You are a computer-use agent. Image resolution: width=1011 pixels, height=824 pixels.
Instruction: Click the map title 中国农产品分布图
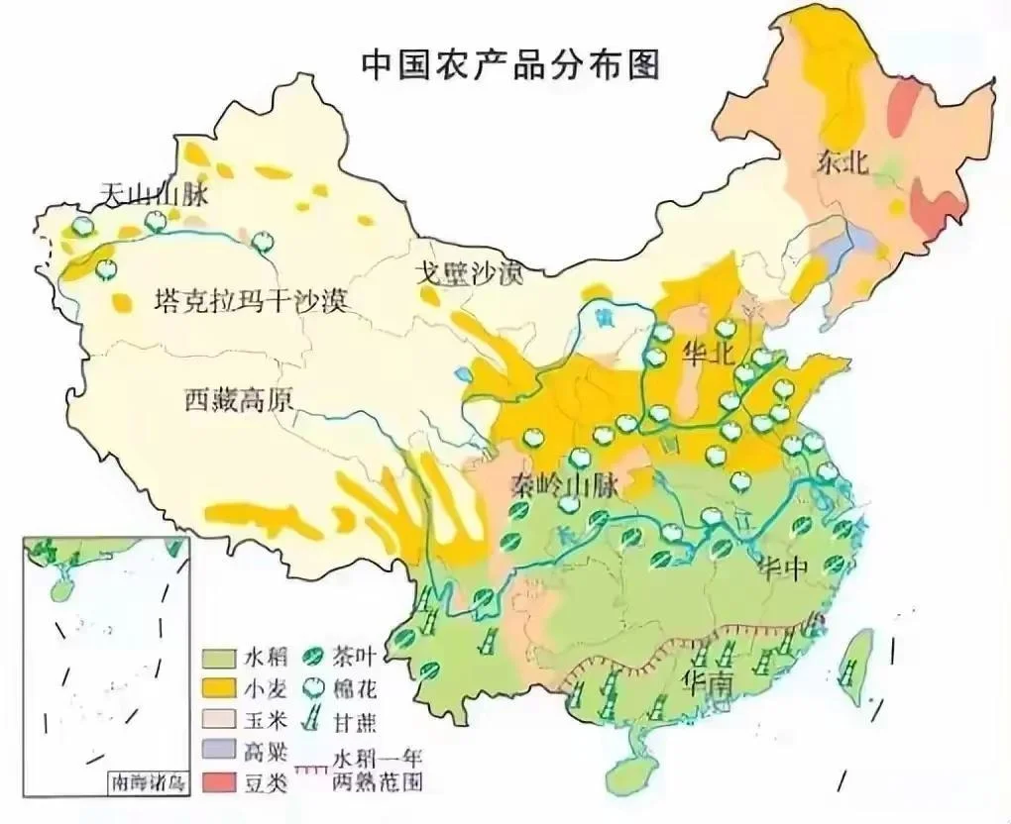[509, 64]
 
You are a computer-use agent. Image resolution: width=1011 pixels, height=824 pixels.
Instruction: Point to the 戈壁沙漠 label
[469, 273]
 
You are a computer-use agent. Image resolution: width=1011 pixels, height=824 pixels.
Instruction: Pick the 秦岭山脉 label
[566, 485]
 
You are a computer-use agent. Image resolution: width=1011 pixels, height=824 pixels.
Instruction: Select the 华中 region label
[783, 569]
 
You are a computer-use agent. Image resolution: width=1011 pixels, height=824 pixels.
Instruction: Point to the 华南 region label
[708, 682]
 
